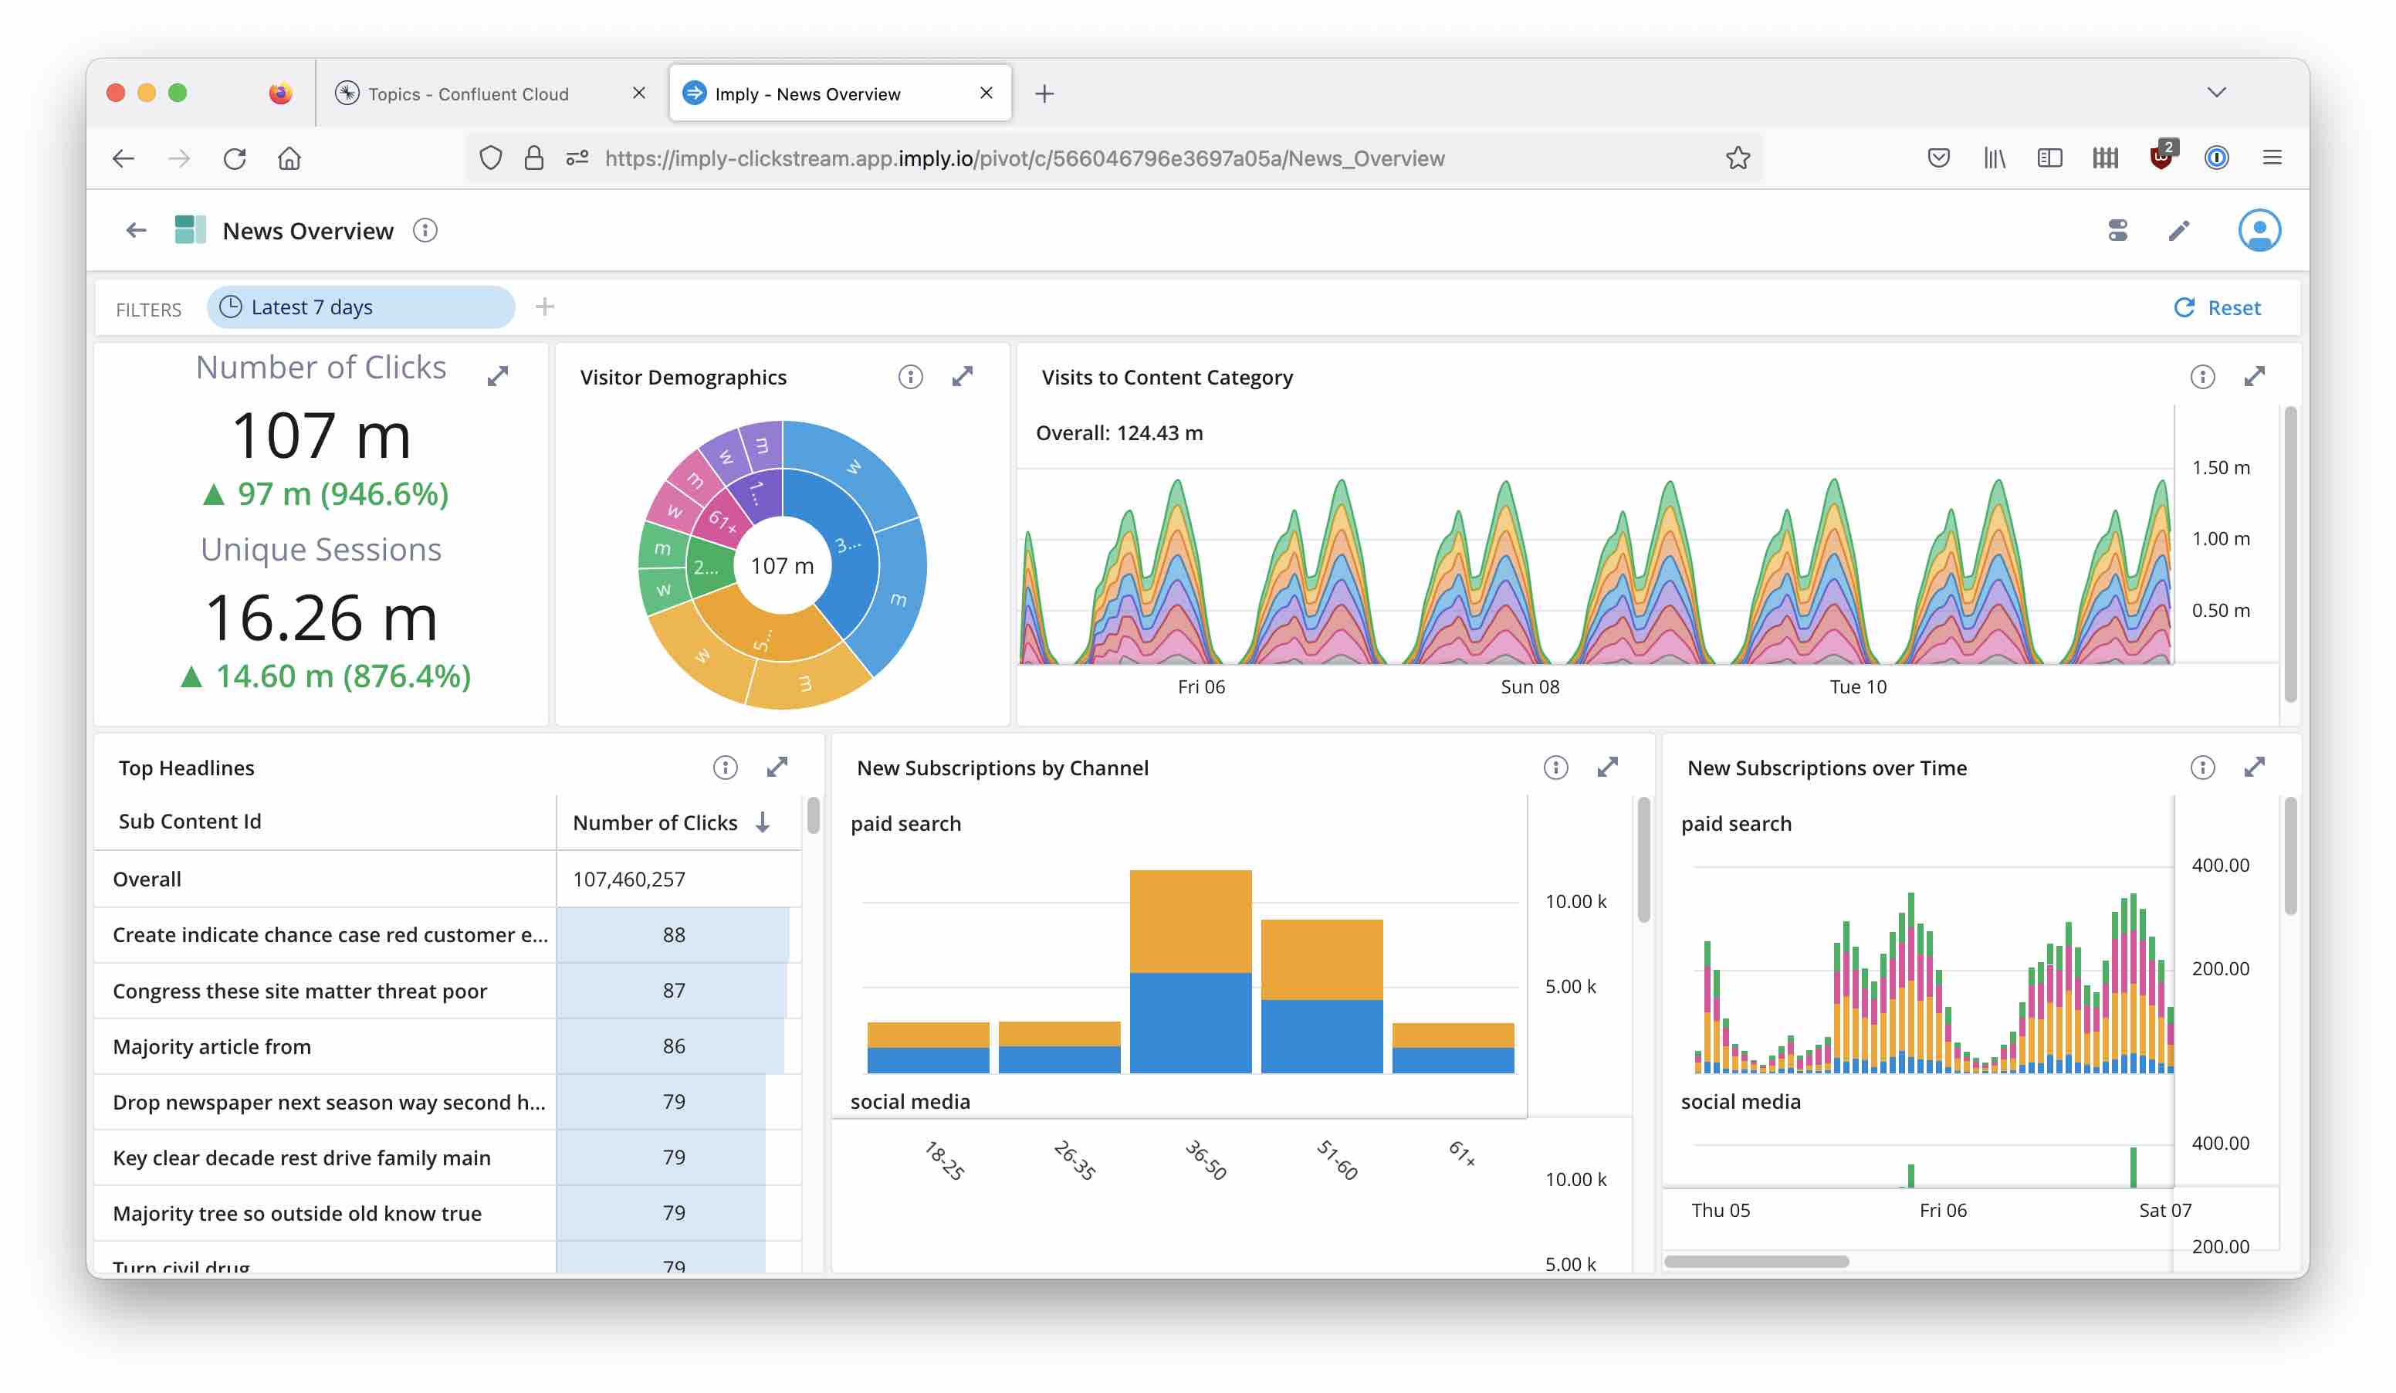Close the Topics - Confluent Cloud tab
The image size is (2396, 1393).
click(x=639, y=93)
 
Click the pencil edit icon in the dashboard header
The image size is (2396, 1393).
click(x=2178, y=231)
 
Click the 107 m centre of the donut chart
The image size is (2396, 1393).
click(x=781, y=566)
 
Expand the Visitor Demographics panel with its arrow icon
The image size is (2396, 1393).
click(x=963, y=377)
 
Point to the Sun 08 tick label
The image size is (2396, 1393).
click(x=1529, y=686)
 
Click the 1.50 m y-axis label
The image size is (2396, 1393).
click(x=2220, y=468)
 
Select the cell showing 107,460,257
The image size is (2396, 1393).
click(x=628, y=879)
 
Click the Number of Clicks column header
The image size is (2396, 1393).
click(x=656, y=822)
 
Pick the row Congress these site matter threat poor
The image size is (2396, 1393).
click(x=299, y=991)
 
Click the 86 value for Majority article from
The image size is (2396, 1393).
click(x=673, y=1046)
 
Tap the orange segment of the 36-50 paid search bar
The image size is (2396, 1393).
click(x=1190, y=920)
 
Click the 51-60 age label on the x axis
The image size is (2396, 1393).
click(x=1336, y=1160)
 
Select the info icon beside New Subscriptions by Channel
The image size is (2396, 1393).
click(x=1555, y=768)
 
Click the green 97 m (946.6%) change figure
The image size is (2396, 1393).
click(x=326, y=494)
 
